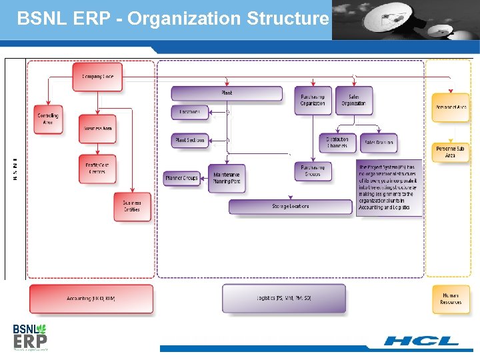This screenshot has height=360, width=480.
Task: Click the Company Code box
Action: (98, 77)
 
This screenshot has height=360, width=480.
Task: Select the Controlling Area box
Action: (48, 119)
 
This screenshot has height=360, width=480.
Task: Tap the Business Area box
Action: (97, 128)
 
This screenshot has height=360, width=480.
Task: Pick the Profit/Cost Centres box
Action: (97, 168)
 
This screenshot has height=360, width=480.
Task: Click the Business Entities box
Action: (132, 206)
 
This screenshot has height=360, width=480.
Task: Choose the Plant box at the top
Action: (227, 93)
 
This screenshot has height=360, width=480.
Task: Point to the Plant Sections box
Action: (190, 141)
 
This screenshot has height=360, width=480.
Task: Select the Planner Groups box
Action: (182, 178)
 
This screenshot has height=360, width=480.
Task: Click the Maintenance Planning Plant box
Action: (227, 178)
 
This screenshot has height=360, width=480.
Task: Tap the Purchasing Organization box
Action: (313, 100)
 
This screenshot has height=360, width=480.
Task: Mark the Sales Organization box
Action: (353, 100)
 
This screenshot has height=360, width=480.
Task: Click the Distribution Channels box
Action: (337, 142)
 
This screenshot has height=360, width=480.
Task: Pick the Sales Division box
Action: (379, 142)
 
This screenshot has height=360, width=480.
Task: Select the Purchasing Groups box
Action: (313, 171)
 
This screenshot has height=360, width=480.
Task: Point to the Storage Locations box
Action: (291, 207)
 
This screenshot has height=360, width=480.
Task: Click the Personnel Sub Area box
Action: (451, 152)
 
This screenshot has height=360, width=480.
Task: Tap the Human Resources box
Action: (451, 299)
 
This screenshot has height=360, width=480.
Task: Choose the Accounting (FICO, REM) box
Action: (91, 299)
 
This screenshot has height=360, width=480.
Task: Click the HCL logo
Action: (421, 341)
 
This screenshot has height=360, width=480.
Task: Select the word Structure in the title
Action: (288, 18)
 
